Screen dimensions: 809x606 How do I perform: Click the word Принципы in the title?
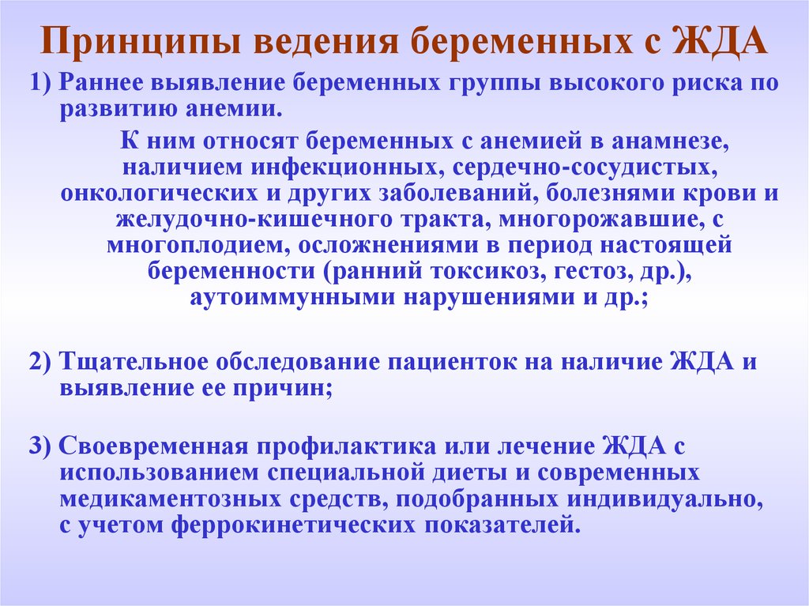click(x=140, y=41)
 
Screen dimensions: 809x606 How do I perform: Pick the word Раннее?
click(x=100, y=83)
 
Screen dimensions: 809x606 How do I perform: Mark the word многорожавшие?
click(x=594, y=220)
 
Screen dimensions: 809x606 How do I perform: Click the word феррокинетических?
click(x=294, y=525)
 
